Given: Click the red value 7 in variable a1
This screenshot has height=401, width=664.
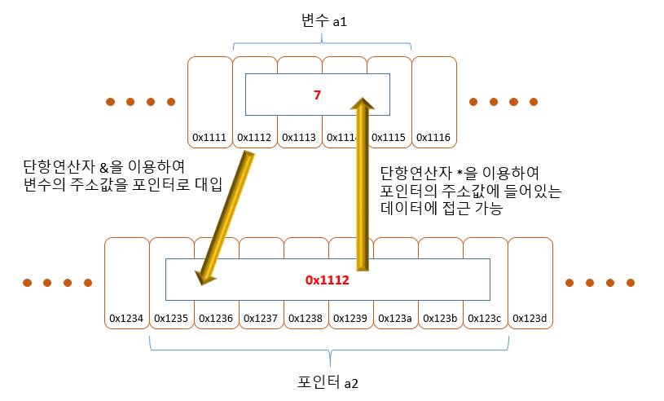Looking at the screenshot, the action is tap(318, 95).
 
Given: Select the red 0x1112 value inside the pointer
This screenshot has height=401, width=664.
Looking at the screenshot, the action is tap(328, 280).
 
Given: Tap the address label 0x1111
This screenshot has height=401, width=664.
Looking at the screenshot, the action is tap(209, 137).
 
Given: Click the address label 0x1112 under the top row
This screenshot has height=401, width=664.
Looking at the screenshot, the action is tap(254, 137).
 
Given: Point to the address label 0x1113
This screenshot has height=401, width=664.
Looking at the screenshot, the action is tap(299, 137).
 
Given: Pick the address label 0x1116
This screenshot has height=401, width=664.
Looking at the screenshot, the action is tap(433, 137).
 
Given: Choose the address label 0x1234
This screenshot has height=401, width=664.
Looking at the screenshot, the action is tap(126, 318).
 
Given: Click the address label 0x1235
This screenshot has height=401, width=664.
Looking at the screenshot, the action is tap(171, 318).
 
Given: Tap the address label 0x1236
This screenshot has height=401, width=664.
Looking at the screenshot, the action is tap(216, 318).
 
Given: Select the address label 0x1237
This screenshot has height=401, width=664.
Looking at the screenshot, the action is tap(261, 318).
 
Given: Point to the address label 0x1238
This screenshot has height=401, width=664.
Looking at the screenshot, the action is tap(306, 318).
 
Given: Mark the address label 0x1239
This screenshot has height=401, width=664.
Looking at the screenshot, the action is tap(350, 318).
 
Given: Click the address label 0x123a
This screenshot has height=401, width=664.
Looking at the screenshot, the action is tap(395, 318).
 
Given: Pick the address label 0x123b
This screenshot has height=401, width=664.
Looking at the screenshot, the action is tap(440, 318).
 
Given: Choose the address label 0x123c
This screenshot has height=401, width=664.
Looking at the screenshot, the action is tap(485, 318).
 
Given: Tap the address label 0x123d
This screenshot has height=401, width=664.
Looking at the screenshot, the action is tap(530, 318).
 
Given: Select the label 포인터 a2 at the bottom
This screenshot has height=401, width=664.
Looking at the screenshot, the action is tap(328, 383).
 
